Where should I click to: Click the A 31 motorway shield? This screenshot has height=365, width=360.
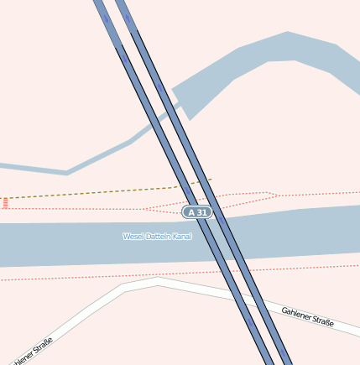pyautogui.click(x=197, y=213)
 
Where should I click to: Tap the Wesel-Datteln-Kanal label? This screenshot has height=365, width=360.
pyautogui.click(x=157, y=237)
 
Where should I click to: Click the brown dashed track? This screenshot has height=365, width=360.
pyautogui.click(x=84, y=193)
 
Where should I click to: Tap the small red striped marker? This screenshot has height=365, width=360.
pyautogui.click(x=5, y=203)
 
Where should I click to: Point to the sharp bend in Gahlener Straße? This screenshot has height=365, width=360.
pyautogui.click(x=124, y=287)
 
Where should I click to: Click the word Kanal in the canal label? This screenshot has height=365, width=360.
pyautogui.click(x=181, y=237)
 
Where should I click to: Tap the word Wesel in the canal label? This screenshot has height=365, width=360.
pyautogui.click(x=132, y=237)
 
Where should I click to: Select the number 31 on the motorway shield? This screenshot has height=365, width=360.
pyautogui.click(x=201, y=213)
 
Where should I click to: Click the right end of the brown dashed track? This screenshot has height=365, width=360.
pyautogui.click(x=211, y=179)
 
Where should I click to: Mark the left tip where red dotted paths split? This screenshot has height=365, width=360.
pyautogui.click(x=143, y=209)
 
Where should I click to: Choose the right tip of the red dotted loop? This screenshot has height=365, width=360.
pyautogui.click(x=278, y=196)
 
